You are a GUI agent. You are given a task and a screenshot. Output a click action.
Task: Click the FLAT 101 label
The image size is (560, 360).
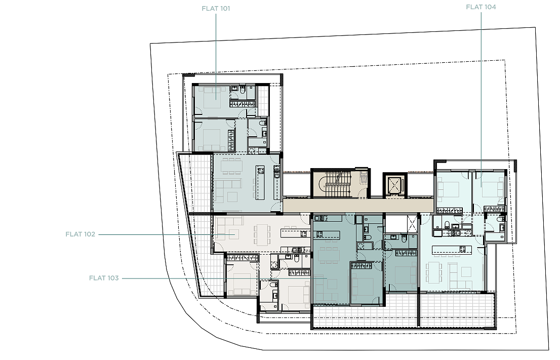coord(216,9)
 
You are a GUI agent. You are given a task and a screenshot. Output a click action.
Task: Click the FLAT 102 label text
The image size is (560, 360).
coord(81,234)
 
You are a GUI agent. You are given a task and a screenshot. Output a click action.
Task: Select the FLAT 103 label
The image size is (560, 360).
coord(104,278)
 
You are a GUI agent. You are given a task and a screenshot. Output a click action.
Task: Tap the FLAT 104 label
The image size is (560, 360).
coord(481,7)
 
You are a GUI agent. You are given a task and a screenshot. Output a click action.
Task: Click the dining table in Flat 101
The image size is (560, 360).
coord(231,167)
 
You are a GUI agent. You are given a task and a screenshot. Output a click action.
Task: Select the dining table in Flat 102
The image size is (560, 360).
coord(262,235)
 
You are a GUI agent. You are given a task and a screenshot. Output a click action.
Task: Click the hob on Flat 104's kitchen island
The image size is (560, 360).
coord(462,249)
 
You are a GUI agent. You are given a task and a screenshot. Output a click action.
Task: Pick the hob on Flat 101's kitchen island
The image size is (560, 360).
coord(260,170)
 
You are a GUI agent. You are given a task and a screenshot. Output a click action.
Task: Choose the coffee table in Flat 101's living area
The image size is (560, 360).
coord(232,197)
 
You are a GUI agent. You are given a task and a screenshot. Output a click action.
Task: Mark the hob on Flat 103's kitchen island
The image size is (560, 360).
coord(319,234)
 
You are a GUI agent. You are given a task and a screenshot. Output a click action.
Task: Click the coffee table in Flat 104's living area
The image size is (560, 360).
coord(466,272)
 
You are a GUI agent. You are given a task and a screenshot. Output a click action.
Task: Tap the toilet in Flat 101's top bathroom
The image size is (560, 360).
coord(243,90)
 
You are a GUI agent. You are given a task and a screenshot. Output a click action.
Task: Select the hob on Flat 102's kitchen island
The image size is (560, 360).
coord(303,234)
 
